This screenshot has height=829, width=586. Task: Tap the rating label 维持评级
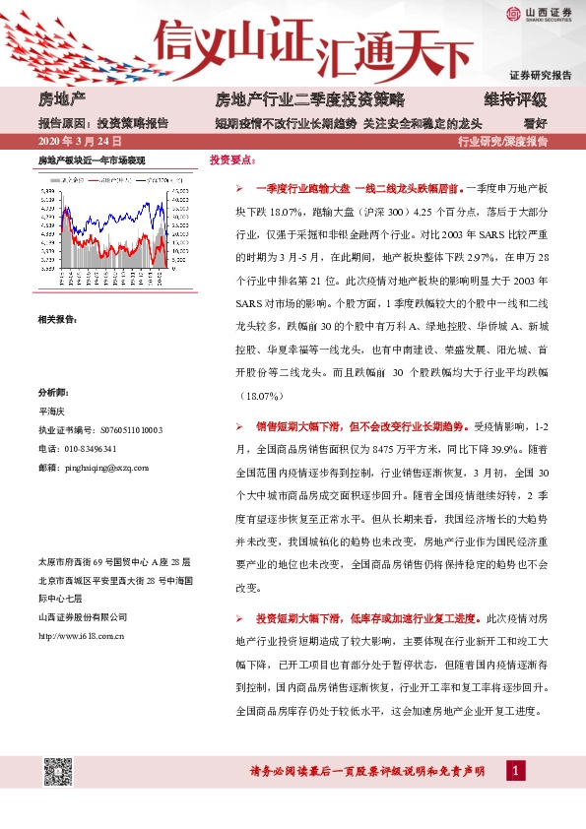514,100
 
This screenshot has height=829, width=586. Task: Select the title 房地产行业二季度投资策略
309,100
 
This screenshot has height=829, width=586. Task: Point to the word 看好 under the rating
535,123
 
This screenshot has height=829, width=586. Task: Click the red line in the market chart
128,232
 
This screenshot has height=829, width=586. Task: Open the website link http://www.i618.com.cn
80,635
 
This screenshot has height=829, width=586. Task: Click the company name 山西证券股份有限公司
82,617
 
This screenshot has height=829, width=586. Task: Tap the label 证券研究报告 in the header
540,76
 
